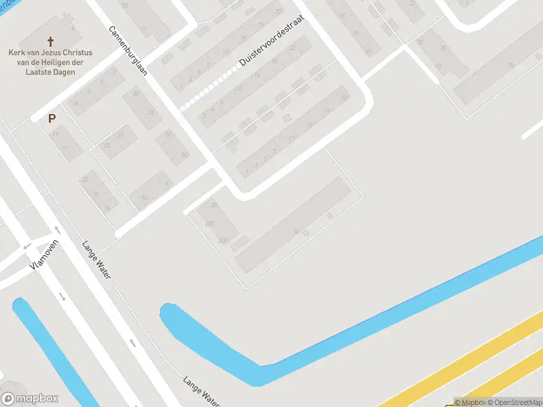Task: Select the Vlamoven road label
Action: [45, 256]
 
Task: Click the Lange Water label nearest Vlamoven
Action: [96, 260]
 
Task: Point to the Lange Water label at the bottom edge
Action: [202, 392]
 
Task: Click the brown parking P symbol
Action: [52, 118]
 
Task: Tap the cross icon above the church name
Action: [51, 41]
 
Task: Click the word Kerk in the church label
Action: [18, 53]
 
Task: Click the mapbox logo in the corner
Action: [30, 399]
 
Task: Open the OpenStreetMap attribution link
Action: [514, 402]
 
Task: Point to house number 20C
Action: [210, 223]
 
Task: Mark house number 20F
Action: [222, 241]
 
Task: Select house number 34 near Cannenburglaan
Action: [183, 155]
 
